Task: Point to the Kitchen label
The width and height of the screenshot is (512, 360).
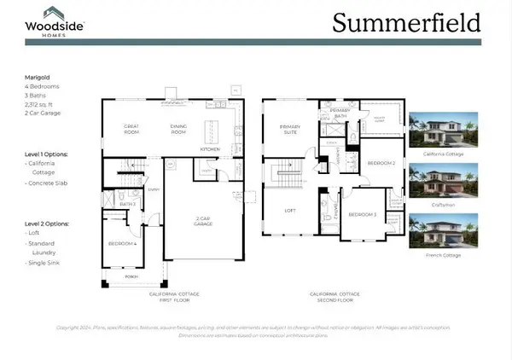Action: (210, 148)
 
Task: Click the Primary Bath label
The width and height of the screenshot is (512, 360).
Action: (340, 114)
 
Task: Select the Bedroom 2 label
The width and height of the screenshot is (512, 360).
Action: (380, 162)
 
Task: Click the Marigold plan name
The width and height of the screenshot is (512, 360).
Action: (38, 76)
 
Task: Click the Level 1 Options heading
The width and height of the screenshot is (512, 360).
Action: (46, 154)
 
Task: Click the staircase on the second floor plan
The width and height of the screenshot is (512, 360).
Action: (287, 177)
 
